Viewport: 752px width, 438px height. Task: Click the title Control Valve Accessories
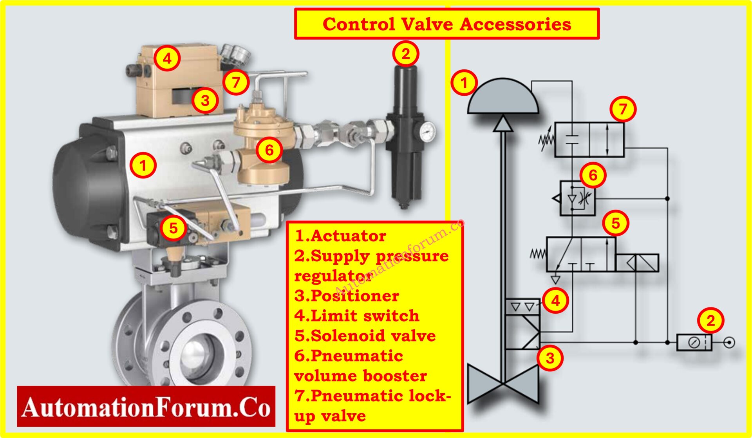(446, 24)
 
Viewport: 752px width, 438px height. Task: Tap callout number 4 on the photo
(167, 58)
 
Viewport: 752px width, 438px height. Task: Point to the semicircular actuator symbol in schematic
(503, 98)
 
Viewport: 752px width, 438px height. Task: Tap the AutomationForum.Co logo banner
(146, 407)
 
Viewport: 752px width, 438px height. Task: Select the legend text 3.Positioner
(347, 296)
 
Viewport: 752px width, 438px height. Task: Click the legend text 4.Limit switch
(357, 316)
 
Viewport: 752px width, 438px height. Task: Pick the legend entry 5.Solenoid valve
(365, 336)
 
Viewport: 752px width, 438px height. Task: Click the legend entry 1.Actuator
(340, 236)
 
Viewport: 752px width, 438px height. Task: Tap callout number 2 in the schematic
(710, 321)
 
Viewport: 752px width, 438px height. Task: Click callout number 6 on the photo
(269, 150)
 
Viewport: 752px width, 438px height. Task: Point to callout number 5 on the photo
(174, 227)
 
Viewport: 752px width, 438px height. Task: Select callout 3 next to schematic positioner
(550, 358)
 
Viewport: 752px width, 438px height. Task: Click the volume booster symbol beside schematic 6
(577, 198)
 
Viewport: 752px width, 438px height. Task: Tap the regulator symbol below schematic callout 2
(694, 342)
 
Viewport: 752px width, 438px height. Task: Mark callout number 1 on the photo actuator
(143, 165)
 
